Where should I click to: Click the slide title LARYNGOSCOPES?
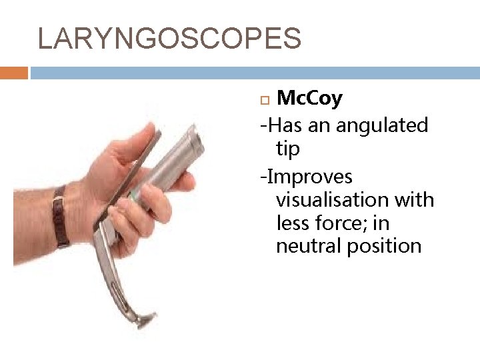[169, 39]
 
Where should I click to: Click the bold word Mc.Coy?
[309, 99]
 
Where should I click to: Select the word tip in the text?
[288, 149]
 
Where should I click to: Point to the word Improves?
[309, 177]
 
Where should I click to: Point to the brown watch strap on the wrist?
[61, 217]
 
